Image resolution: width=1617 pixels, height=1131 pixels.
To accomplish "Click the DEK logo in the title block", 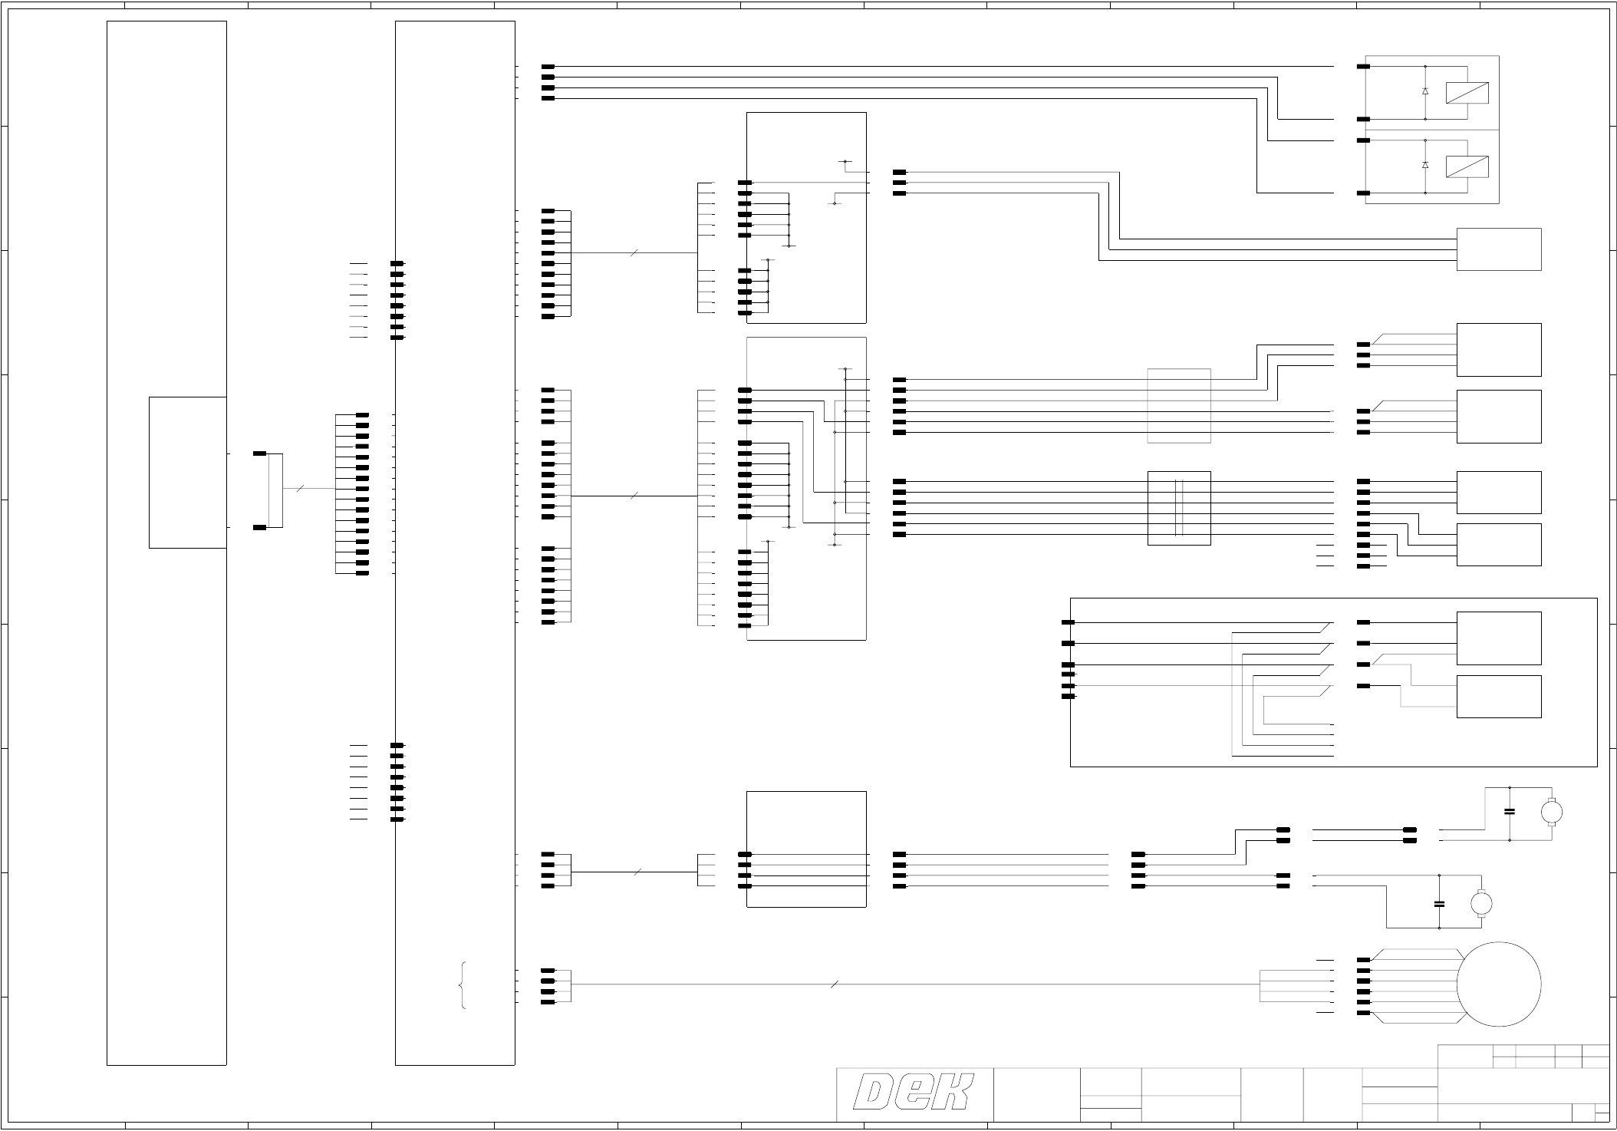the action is (x=914, y=1093).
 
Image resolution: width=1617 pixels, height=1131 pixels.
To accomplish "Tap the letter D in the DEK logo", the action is (x=874, y=1093).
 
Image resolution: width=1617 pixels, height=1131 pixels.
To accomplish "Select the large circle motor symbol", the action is (x=1498, y=984).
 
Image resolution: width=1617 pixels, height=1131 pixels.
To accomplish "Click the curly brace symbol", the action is (x=463, y=985).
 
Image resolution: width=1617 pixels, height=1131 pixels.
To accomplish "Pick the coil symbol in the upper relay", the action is (x=1467, y=93).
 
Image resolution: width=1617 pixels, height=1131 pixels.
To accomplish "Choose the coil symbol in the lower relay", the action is (x=1467, y=167).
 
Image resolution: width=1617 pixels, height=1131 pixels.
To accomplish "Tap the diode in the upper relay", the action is (x=1425, y=91).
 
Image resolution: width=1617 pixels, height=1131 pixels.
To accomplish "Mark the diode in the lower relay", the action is (x=1425, y=165).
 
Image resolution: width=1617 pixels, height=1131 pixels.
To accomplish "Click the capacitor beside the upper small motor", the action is (x=1510, y=811).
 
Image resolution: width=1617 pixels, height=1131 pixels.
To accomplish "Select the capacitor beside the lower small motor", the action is (x=1439, y=903).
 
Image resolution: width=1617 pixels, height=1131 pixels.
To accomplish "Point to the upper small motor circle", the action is (x=1551, y=811).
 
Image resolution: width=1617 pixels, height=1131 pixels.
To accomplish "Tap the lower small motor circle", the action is (x=1480, y=903).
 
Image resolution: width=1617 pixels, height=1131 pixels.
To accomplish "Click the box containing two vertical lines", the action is (x=1179, y=508).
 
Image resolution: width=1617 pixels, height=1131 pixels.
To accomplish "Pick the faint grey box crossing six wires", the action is (x=1179, y=406).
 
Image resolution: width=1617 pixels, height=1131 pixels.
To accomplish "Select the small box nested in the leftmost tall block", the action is (x=187, y=472).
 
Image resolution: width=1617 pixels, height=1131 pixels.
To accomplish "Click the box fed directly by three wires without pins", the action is (x=1498, y=249).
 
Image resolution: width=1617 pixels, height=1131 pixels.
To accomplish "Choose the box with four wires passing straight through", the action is (x=806, y=849).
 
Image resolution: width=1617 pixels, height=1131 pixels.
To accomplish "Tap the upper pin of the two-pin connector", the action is (x=260, y=453).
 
